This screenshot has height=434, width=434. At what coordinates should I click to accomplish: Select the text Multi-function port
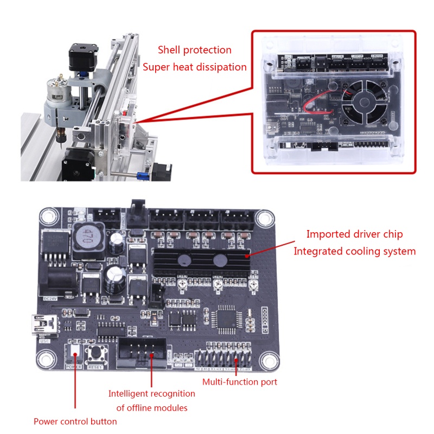[x=240, y=382]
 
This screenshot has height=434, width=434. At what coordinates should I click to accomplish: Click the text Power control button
[x=75, y=421]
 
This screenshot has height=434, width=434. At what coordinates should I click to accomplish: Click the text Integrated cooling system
[x=354, y=251]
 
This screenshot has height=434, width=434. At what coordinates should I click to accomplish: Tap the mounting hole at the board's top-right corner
[x=265, y=219]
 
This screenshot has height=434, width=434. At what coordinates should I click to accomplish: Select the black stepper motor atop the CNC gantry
[x=79, y=57]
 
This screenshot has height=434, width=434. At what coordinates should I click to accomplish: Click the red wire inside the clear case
[x=320, y=103]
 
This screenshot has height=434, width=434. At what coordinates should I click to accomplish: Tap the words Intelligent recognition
[x=151, y=393]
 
